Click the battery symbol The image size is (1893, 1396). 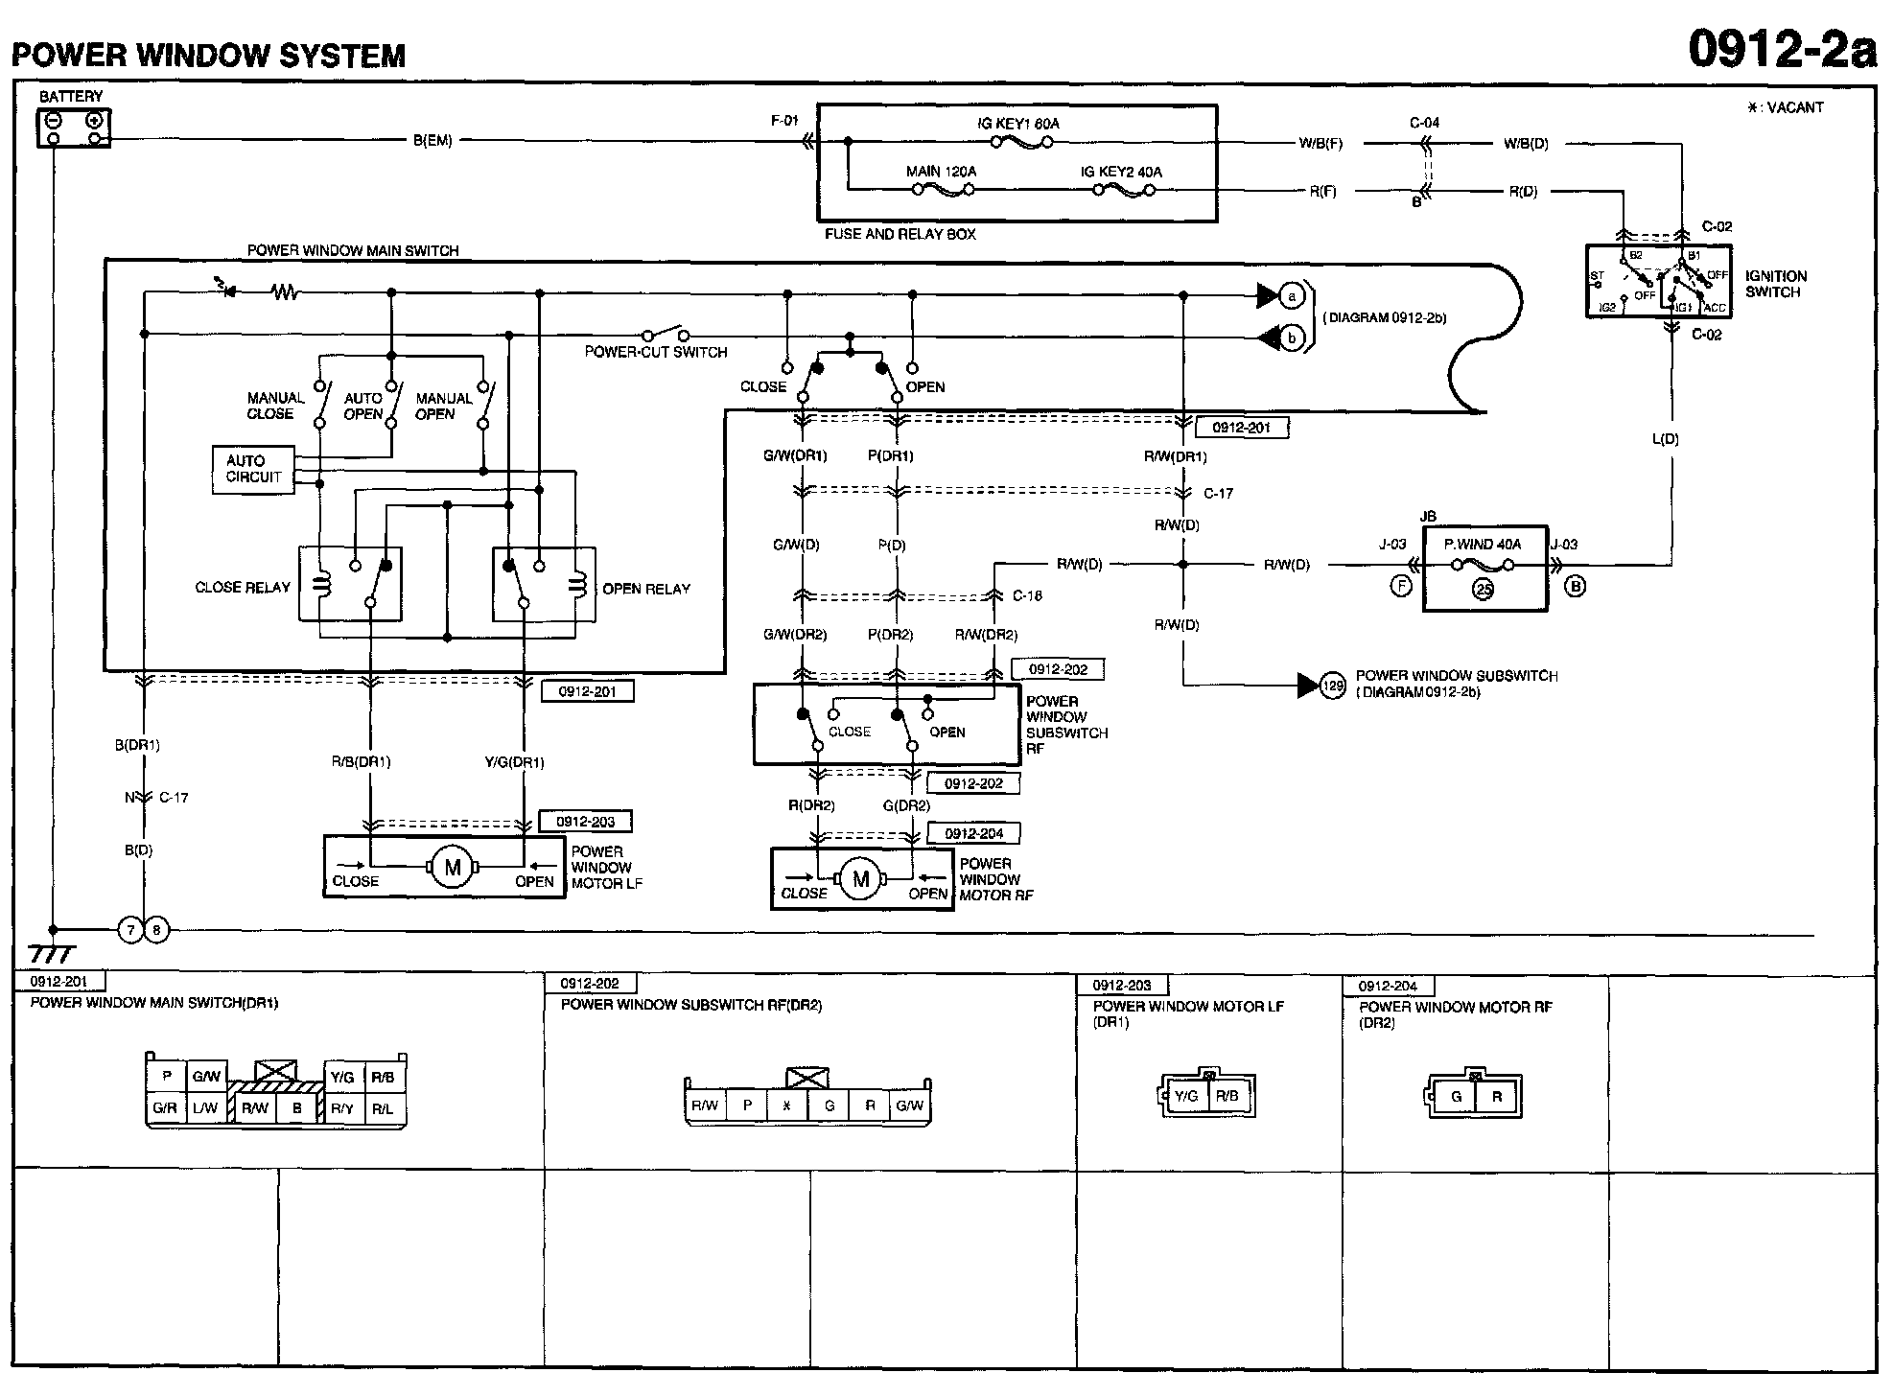click(x=74, y=128)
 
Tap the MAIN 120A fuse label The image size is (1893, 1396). click(x=941, y=172)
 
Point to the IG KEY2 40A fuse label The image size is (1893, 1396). click(x=1121, y=172)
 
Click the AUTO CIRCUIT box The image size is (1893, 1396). click(x=253, y=469)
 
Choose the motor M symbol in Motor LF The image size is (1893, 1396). click(x=453, y=869)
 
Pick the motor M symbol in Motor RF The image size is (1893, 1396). click(x=860, y=880)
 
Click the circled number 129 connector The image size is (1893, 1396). click(x=1333, y=686)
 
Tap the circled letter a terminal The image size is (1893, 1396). click(x=1292, y=296)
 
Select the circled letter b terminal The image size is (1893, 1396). click(x=1292, y=337)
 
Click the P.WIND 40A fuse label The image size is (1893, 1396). click(x=1483, y=544)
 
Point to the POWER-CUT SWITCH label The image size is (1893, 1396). click(x=656, y=352)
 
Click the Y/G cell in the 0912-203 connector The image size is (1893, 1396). click(x=1186, y=1096)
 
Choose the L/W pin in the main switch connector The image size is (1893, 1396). click(x=205, y=1108)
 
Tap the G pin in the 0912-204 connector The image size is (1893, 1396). click(x=1456, y=1096)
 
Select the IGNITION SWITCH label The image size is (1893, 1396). click(x=1776, y=284)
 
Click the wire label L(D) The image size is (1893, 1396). click(x=1666, y=439)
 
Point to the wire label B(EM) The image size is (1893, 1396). click(x=432, y=141)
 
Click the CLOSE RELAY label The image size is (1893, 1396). click(x=243, y=588)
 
